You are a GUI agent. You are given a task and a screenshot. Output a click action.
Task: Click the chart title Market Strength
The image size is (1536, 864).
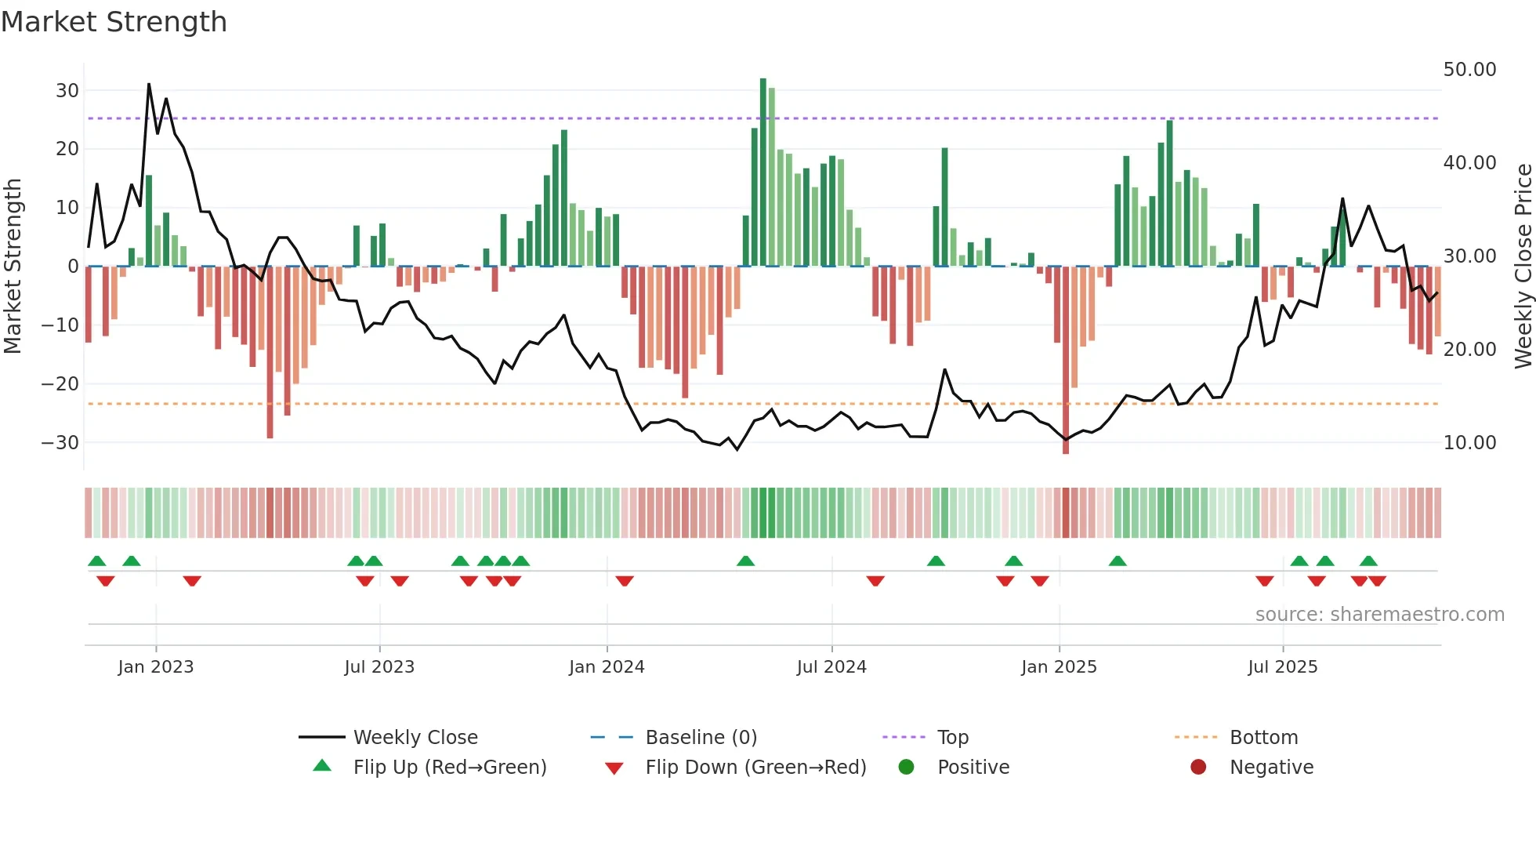(114, 22)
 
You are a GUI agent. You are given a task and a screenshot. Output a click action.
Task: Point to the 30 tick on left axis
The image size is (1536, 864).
(67, 90)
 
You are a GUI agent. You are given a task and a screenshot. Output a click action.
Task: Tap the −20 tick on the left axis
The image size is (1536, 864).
(60, 384)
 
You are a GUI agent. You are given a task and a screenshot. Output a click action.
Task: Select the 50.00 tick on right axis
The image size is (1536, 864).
(1469, 70)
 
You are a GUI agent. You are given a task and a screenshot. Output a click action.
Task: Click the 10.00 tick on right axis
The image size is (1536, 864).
(1469, 443)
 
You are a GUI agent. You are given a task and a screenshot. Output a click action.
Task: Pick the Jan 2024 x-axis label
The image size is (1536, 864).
(606, 667)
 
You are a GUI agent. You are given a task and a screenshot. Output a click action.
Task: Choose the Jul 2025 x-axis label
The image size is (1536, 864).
(1282, 667)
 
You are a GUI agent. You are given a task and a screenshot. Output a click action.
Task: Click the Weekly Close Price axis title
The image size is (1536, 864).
(1523, 266)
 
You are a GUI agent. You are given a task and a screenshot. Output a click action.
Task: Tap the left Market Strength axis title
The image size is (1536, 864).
(13, 266)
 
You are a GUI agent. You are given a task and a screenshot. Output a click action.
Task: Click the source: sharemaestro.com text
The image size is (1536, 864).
(1379, 615)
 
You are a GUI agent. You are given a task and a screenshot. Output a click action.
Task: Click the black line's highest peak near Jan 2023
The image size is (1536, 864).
(149, 85)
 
